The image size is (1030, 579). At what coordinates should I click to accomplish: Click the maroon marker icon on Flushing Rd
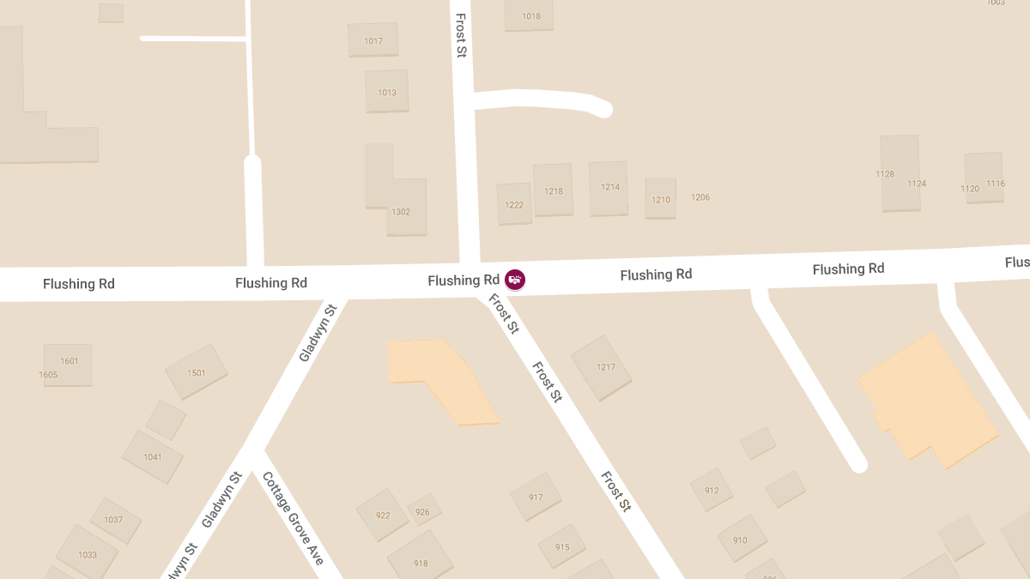point(515,280)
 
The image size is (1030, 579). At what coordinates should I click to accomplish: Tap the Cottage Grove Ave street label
point(294,518)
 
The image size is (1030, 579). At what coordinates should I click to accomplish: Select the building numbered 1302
point(400,211)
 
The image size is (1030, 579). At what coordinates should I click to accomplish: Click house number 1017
point(373,40)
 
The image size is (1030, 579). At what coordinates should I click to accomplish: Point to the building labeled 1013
point(387,92)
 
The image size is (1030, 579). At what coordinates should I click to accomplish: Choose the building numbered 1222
point(514,204)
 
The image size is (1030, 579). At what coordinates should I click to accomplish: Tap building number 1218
point(554,190)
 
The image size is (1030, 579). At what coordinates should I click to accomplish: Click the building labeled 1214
point(609,187)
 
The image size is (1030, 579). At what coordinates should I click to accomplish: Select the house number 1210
point(661,199)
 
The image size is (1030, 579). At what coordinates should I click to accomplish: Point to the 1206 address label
point(700,197)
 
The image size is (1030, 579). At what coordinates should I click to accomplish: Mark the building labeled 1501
point(197,372)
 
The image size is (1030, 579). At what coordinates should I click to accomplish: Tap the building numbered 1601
point(69,361)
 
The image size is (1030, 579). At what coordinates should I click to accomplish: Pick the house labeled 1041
point(153,456)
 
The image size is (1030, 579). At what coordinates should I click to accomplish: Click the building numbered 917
point(536,497)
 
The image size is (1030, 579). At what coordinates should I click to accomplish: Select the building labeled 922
point(383,515)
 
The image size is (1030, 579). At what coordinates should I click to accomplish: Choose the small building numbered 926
point(423,511)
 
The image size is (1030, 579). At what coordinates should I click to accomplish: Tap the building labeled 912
point(712,490)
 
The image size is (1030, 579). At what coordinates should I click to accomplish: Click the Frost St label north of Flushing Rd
point(462,36)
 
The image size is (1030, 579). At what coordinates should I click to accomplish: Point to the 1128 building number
point(885,174)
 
